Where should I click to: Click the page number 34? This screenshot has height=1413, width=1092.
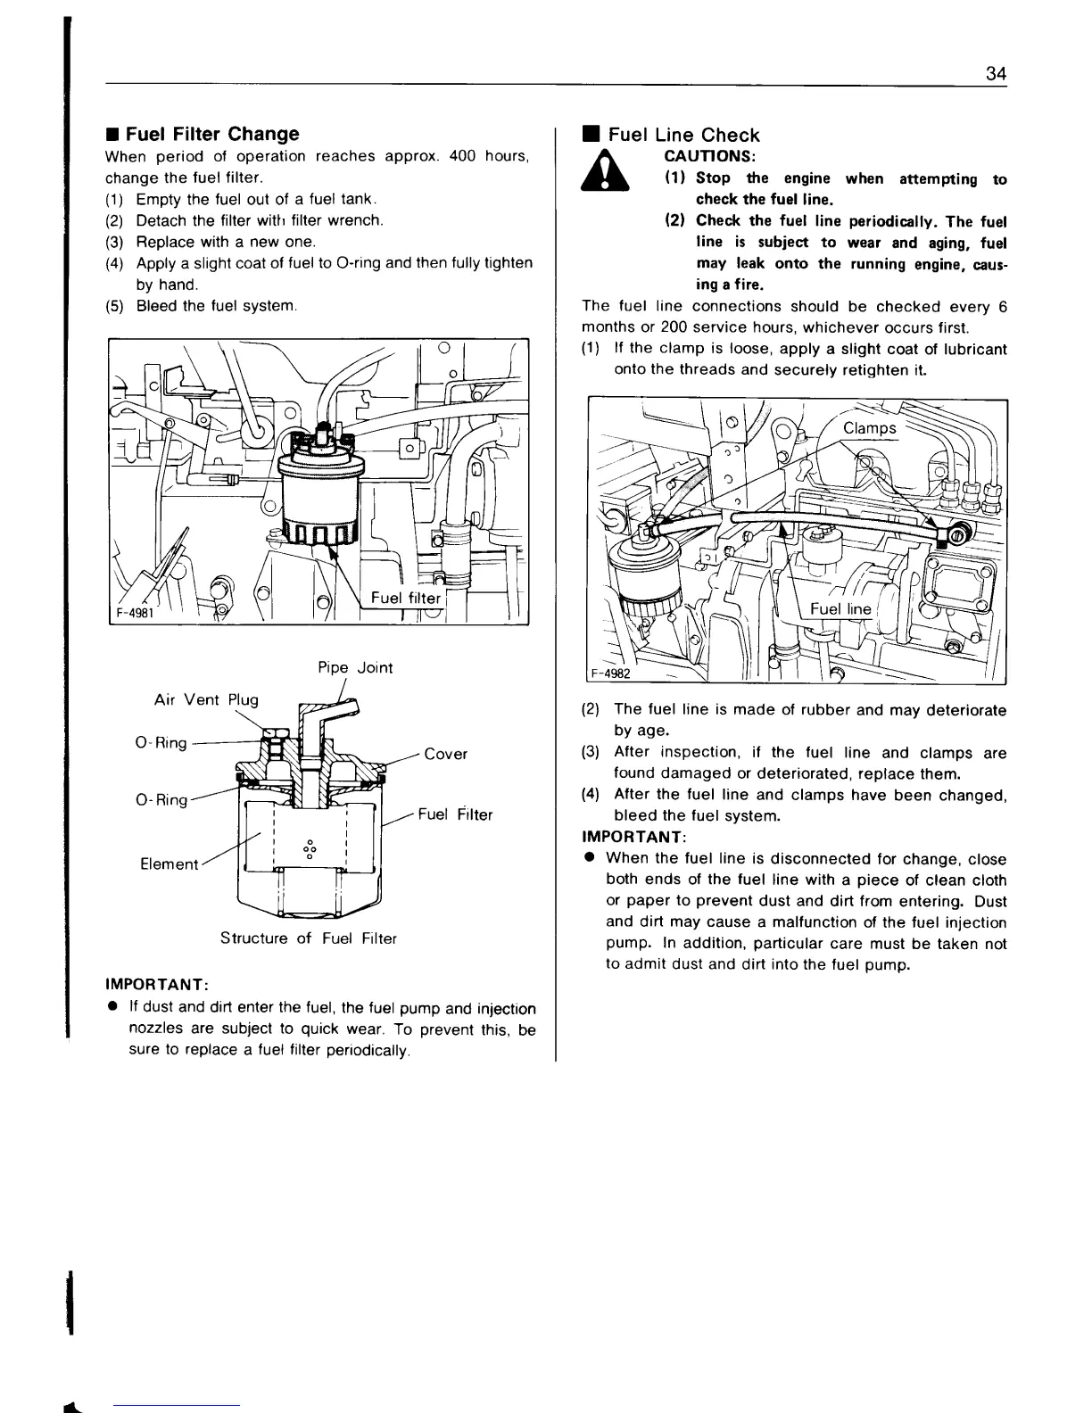coord(997,73)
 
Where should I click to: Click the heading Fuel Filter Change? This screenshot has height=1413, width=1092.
coord(211,135)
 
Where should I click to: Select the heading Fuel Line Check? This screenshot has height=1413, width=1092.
coord(683,136)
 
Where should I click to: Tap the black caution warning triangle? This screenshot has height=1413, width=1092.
coord(605,170)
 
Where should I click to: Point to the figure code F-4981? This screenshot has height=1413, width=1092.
coord(131,613)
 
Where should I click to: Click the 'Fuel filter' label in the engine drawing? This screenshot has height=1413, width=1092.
coord(406,599)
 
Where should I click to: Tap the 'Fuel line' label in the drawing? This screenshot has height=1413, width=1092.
coord(840,609)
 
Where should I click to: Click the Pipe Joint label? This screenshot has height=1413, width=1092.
coord(355,668)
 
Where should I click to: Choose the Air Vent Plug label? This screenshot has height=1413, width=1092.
coord(206,699)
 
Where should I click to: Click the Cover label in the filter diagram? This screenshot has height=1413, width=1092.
coord(445,754)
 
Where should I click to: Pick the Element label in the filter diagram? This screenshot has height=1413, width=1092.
coord(170,863)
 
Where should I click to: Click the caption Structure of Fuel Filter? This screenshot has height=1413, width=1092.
coord(308,938)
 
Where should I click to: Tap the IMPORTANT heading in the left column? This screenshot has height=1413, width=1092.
coord(157,984)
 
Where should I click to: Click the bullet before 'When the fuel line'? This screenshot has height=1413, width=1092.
coord(590,859)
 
